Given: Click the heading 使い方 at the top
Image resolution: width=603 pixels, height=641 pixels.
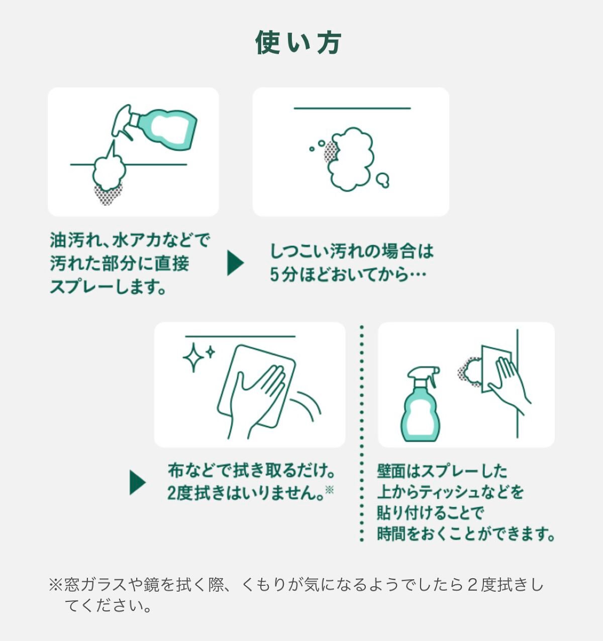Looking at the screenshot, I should click(298, 42).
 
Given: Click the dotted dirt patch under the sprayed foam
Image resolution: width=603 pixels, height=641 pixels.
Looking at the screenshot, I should click(108, 194).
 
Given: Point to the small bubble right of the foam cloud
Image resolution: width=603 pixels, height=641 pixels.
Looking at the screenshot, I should click(383, 180).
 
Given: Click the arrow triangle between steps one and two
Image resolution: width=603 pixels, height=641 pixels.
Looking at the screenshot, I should click(235, 264).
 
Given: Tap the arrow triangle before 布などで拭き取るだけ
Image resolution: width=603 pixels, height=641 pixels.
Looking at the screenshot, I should click(137, 483).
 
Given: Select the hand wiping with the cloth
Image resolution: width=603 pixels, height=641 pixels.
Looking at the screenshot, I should click(256, 397).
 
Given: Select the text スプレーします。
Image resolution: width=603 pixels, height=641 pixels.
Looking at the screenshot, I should click(108, 287).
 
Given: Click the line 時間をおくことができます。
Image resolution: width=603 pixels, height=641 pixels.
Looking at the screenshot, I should click(465, 534).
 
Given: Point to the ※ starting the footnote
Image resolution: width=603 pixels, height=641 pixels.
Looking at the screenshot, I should click(55, 585).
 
